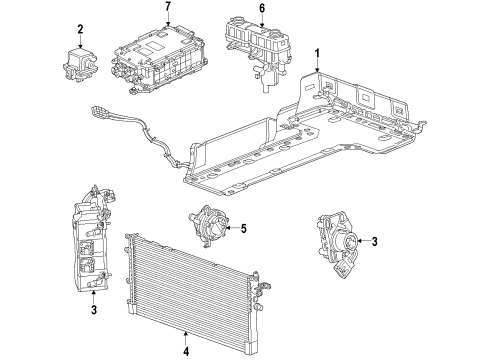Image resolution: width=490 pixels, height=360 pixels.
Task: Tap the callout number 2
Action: (81, 29)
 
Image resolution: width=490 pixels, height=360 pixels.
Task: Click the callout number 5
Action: (243, 227)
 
